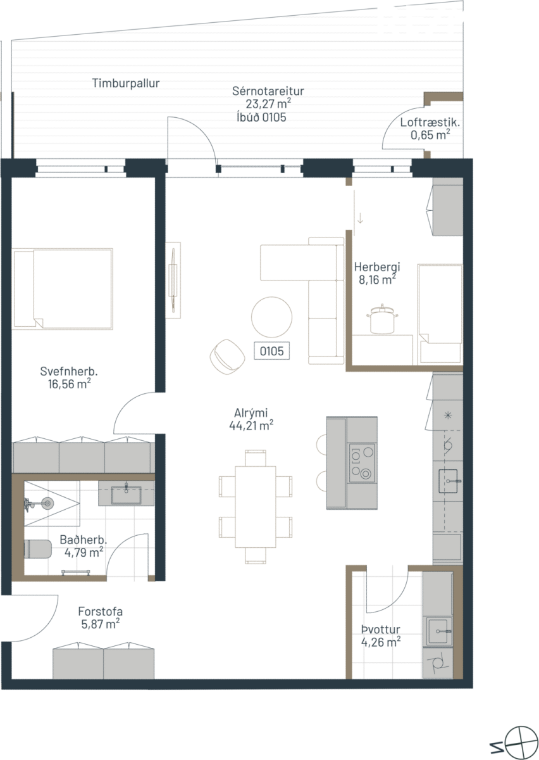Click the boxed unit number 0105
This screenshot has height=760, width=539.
pos(271,351)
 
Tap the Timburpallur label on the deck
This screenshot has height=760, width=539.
pos(126,83)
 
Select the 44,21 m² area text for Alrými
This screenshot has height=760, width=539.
pos(251,425)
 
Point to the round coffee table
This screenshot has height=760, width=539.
pos(271,317)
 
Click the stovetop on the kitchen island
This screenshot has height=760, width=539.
pos(362,463)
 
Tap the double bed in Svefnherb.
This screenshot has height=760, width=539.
pos(63,289)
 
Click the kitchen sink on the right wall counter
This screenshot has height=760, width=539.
pos(450,481)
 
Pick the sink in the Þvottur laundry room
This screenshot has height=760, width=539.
pos(439,631)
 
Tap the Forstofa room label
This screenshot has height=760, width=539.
pos(101,611)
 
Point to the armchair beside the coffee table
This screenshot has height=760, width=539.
pos(227,357)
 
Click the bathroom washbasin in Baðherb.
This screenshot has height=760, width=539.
pos(127,495)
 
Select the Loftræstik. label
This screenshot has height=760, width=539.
pos(430,122)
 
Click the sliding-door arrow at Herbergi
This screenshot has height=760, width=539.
pos(361,218)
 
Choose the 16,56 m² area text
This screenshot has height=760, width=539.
pos(70,384)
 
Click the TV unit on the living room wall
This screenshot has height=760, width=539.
pos(173,280)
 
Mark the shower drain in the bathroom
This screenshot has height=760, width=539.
pos(47,503)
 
